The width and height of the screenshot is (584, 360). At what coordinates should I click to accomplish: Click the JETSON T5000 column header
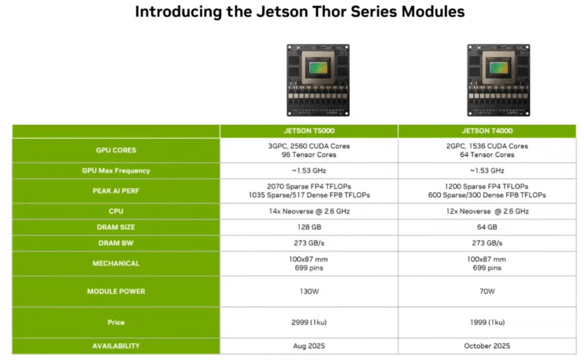tap(309, 131)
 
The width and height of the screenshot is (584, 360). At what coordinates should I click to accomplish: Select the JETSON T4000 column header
tap(487, 131)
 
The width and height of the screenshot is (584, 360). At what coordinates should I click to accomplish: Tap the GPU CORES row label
tap(116, 150)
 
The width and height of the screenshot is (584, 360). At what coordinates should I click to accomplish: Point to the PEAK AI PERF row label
tap(116, 191)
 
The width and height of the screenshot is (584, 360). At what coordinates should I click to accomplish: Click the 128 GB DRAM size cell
tap(309, 227)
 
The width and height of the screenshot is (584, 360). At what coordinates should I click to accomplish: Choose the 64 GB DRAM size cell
tap(487, 227)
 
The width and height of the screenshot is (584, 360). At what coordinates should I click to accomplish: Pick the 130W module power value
tap(309, 292)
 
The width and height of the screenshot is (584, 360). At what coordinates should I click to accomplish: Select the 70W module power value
tap(487, 292)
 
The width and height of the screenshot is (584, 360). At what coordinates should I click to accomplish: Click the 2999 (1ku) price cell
tap(309, 322)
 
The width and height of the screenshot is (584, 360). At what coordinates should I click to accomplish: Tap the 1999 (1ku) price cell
tap(487, 322)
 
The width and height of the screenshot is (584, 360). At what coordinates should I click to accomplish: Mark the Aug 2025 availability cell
tap(309, 346)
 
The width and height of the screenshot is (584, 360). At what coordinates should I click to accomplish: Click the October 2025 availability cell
tap(487, 346)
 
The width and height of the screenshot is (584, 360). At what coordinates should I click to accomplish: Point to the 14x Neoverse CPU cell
tap(309, 211)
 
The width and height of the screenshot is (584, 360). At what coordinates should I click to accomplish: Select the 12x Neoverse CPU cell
tap(487, 211)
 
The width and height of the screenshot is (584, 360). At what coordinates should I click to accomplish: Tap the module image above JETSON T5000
tap(318, 80)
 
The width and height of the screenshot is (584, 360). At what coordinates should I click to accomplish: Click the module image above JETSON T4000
tap(498, 80)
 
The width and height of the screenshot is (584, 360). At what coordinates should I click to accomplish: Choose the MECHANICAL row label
tap(116, 264)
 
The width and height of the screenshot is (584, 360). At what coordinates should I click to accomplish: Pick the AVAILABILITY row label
tap(116, 346)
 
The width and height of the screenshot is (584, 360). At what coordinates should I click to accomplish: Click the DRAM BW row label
tap(116, 243)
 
